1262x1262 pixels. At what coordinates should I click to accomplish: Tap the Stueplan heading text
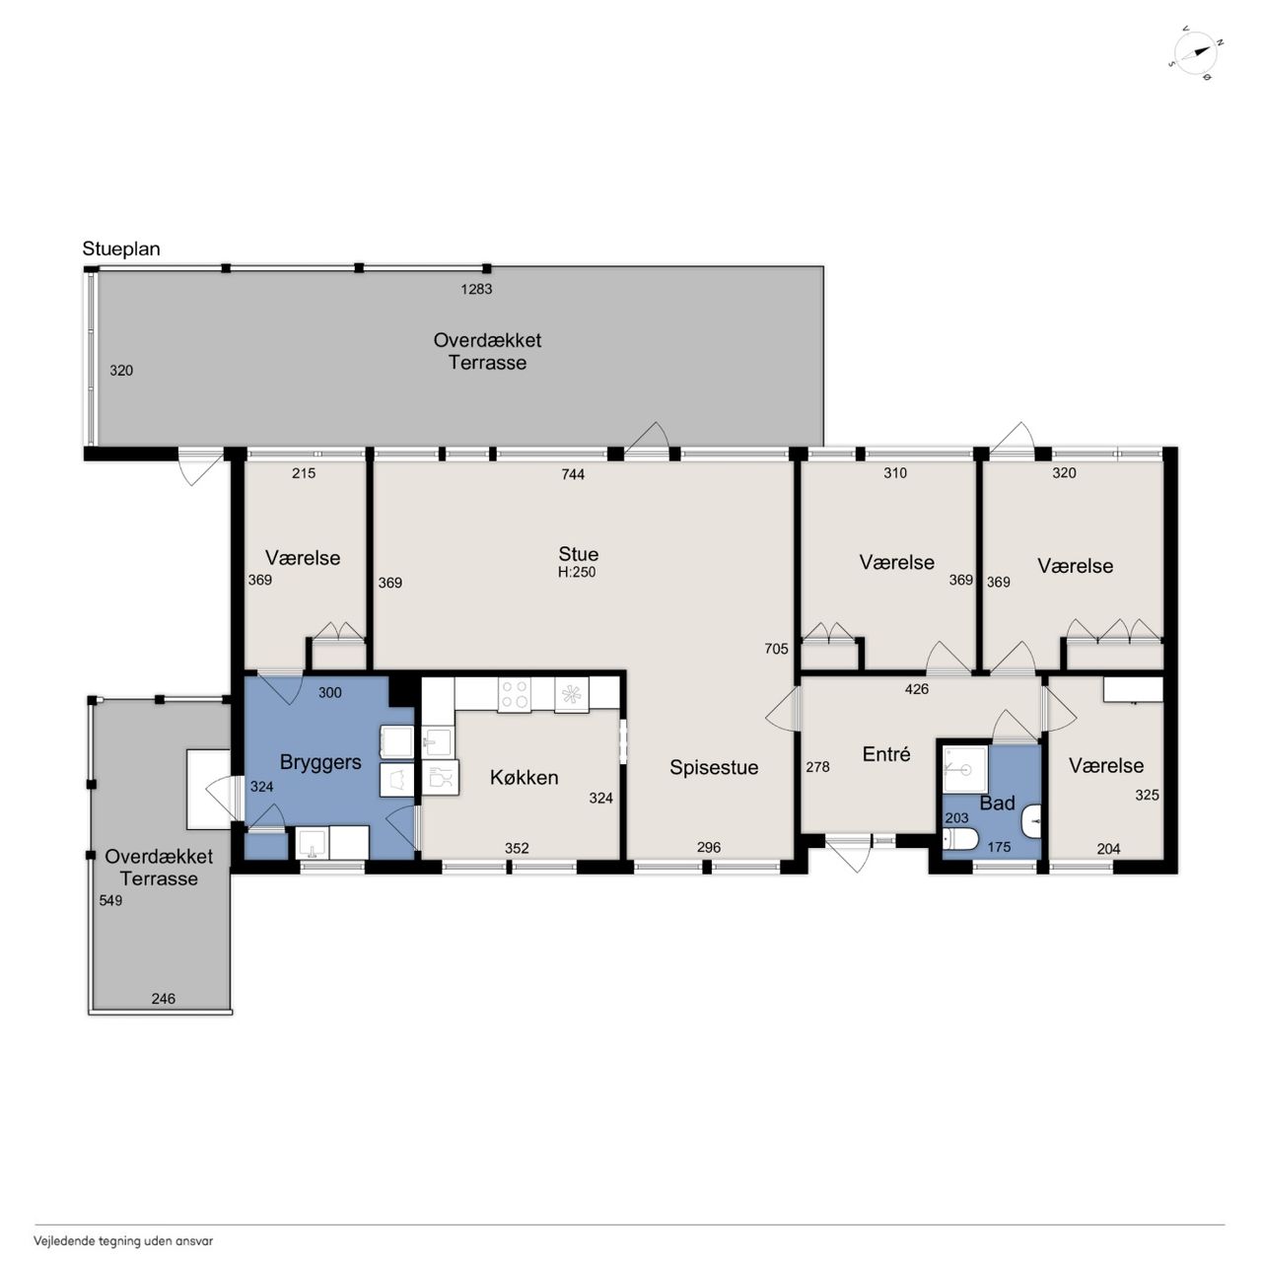121,248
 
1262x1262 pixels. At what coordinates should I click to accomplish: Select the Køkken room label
524,777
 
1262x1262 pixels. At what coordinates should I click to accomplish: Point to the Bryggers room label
320,763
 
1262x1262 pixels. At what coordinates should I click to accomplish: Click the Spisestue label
714,767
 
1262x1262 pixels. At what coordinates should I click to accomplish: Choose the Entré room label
886,754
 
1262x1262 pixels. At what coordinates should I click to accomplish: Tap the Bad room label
997,803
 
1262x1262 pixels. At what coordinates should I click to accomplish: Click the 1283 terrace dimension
476,289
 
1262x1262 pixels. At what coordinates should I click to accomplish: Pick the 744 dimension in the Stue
573,474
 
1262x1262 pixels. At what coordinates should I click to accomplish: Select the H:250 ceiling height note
577,572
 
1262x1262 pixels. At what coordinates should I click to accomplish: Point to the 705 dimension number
776,649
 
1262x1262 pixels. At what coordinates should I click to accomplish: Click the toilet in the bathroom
960,838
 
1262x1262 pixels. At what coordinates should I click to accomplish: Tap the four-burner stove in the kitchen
514,695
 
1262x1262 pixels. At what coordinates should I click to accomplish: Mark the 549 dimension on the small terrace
110,900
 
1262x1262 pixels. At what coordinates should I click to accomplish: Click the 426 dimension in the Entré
916,689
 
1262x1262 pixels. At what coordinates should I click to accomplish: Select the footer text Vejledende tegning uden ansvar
123,1240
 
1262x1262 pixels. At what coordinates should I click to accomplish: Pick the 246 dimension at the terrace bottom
163,999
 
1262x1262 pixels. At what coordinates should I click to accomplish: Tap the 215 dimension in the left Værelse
304,473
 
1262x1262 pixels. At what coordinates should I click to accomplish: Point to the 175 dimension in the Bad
999,847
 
